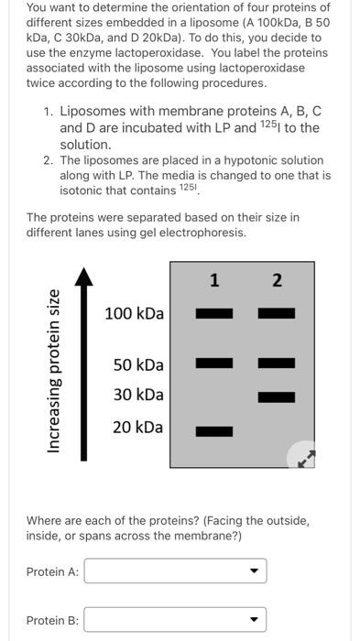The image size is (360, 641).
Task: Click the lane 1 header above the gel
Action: coord(214,281)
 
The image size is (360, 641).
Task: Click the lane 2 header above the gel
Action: coord(276,281)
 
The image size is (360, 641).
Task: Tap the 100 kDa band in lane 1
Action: coord(214,314)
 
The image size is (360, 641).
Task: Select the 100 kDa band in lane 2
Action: coord(276,314)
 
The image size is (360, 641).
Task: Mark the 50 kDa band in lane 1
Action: coord(214,364)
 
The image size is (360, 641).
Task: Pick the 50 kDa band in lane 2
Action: coord(276,364)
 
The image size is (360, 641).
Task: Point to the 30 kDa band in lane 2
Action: coord(276,397)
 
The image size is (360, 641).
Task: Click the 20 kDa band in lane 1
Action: coord(214,429)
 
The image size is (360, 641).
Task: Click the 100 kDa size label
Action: coord(135,314)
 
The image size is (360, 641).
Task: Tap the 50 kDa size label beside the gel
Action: coord(138,364)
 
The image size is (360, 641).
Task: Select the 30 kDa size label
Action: coord(138,395)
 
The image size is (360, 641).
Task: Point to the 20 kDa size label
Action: coord(138,427)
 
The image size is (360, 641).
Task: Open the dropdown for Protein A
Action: coord(175,571)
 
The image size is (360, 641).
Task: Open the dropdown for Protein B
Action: coord(175,620)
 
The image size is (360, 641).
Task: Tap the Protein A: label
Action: coord(53,572)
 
